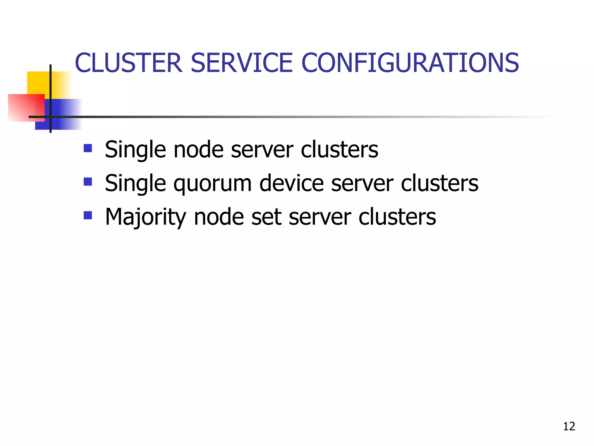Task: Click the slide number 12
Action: [569, 426]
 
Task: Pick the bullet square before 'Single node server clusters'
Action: [88, 148]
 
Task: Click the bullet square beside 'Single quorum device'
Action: [88, 182]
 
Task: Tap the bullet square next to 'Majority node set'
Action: [88, 215]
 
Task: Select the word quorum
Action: [213, 184]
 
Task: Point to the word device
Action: [291, 184]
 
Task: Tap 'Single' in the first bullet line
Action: [135, 150]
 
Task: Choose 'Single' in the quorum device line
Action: [135, 184]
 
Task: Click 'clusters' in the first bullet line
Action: [339, 150]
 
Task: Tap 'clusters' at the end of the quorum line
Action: [439, 184]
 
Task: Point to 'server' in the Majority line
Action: [320, 217]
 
